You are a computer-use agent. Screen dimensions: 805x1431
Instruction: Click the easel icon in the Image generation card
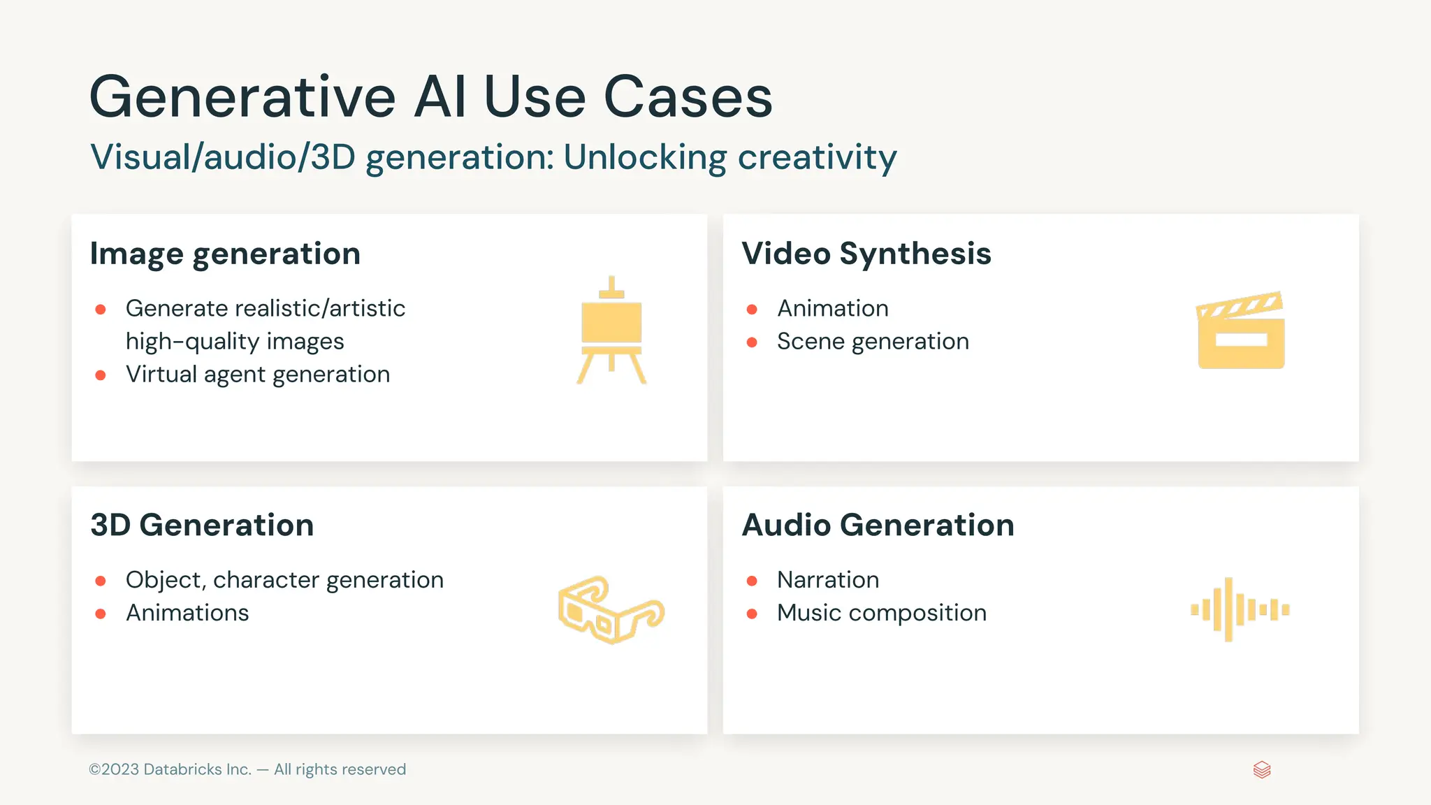[611, 331]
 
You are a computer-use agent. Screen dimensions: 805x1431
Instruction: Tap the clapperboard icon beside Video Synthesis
[1241, 331]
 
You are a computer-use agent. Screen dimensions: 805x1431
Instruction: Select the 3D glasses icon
[611, 609]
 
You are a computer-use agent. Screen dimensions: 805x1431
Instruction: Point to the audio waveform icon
[1240, 609]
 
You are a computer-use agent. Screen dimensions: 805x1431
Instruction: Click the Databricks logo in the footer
[1262, 769]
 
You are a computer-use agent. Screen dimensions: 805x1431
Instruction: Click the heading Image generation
[225, 254]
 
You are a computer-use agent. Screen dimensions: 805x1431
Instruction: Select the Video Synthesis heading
[866, 254]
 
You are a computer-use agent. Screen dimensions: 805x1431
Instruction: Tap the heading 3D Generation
[202, 525]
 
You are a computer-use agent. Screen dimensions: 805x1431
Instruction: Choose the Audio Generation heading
[878, 525]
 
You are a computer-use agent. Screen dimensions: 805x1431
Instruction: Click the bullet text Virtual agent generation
[257, 375]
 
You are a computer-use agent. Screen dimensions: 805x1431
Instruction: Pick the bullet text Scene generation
[873, 342]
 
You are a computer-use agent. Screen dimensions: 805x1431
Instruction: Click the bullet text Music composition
[882, 613]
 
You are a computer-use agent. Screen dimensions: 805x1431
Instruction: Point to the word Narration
[828, 580]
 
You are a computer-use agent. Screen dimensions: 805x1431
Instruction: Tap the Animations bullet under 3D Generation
[187, 613]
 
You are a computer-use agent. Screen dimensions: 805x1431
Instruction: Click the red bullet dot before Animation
[752, 310]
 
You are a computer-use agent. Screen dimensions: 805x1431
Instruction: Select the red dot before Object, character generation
[101, 581]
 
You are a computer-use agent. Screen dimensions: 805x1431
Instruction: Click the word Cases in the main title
[688, 97]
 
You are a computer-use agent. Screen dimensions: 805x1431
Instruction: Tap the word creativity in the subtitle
[817, 157]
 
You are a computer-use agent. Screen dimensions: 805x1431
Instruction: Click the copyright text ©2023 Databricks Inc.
[170, 769]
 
